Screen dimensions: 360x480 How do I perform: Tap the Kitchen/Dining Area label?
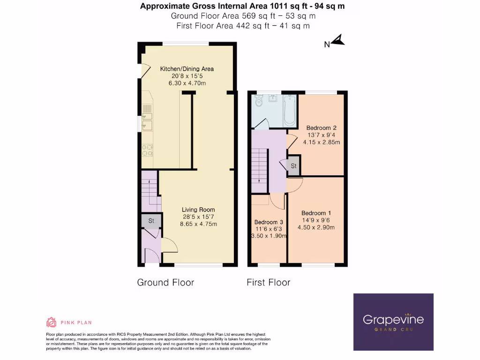pos(187,69)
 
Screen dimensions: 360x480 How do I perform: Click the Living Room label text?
pos(199,210)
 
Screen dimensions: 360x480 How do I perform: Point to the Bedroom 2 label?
pos(321,127)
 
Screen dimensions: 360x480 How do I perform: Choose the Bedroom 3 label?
pos(269,222)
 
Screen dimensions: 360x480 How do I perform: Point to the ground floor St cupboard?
pos(151,221)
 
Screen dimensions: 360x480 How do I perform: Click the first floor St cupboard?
pos(294,166)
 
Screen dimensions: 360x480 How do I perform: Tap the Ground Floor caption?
pos(165,282)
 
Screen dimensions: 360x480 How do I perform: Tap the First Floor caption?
pos(268,282)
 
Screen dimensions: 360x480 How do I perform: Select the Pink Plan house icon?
pos(51,322)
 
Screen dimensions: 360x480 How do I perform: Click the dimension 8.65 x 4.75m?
pos(198,224)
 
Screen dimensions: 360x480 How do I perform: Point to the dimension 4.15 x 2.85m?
pos(321,142)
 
